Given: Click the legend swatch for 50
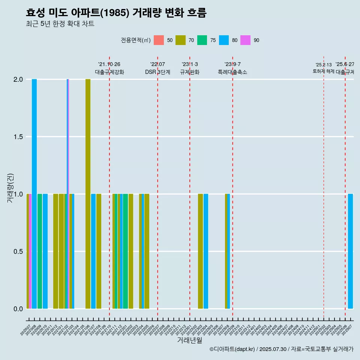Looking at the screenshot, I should point(159,40).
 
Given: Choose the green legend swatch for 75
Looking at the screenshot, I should point(202,40).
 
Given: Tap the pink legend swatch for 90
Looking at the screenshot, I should point(246,40).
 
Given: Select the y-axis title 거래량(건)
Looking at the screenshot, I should point(10,187).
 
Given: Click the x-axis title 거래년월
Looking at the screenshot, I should point(189,340).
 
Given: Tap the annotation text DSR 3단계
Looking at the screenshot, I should point(157,72).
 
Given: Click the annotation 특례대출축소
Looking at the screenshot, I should point(232,72).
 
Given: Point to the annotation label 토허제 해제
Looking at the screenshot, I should point(323,71).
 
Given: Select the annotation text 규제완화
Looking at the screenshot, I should point(190,72).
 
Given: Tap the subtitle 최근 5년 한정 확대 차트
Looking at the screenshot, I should point(60,24).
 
